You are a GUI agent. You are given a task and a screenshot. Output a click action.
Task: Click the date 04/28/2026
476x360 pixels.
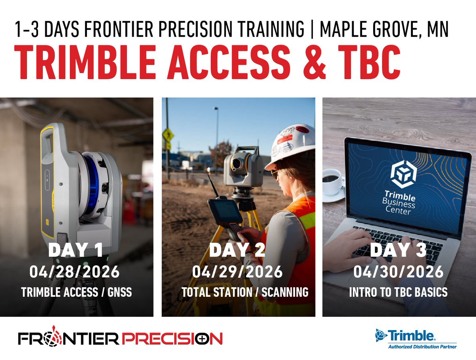[x=74, y=272]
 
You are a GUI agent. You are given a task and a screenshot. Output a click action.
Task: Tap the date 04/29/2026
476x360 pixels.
[x=237, y=272]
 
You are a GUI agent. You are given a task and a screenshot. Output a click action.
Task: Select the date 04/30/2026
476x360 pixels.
[x=398, y=272]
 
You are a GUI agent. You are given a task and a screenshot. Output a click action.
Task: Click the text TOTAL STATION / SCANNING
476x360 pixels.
[x=245, y=292]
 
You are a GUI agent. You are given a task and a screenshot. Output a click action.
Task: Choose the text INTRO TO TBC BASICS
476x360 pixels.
[x=398, y=292]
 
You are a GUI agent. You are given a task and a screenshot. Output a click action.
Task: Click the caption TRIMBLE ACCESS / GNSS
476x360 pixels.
[x=77, y=293]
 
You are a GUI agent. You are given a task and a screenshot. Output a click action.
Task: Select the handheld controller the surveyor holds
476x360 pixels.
[x=225, y=212]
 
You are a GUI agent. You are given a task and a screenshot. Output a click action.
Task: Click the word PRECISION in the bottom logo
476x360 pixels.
[x=172, y=339]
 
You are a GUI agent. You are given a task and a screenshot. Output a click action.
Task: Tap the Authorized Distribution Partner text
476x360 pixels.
[x=422, y=347]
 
